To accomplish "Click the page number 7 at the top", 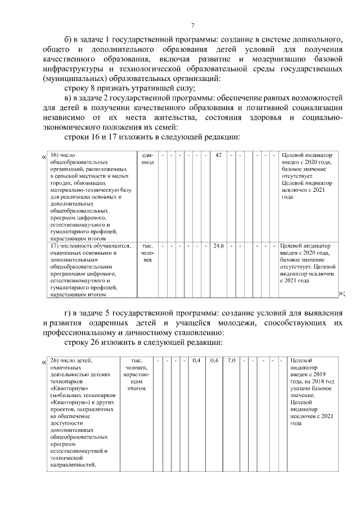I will click(192, 25).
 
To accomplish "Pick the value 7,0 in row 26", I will click(231, 360).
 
